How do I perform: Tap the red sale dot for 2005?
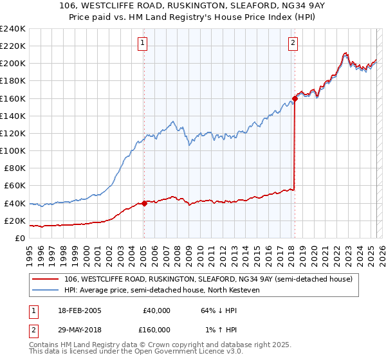144,203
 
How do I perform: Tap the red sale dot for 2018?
295,98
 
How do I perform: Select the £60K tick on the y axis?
15,186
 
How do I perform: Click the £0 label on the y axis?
19,239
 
